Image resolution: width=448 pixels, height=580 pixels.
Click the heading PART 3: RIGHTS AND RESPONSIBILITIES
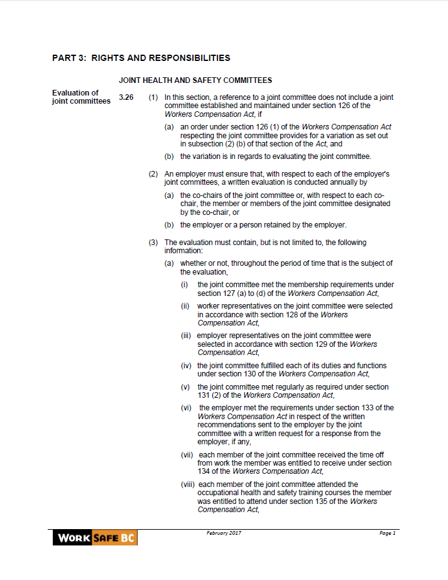click(141, 58)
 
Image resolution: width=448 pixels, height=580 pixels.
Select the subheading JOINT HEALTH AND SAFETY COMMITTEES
click(195, 80)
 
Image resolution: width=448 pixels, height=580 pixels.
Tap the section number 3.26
click(126, 97)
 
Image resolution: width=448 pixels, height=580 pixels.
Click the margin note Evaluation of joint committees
click(81, 97)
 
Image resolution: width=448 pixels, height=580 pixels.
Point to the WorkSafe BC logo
click(95, 537)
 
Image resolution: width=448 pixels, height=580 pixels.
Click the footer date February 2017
click(224, 533)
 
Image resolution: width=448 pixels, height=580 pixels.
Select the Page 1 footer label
click(387, 533)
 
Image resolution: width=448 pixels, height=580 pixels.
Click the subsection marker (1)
click(153, 97)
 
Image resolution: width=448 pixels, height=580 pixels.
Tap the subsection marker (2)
click(153, 173)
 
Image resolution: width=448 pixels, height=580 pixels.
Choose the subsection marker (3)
click(153, 243)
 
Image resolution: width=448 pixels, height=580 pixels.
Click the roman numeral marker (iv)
click(187, 366)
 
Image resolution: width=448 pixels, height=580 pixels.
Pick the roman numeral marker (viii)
click(188, 484)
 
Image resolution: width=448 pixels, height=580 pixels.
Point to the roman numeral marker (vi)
click(187, 408)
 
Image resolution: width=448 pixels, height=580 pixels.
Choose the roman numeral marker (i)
click(185, 285)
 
